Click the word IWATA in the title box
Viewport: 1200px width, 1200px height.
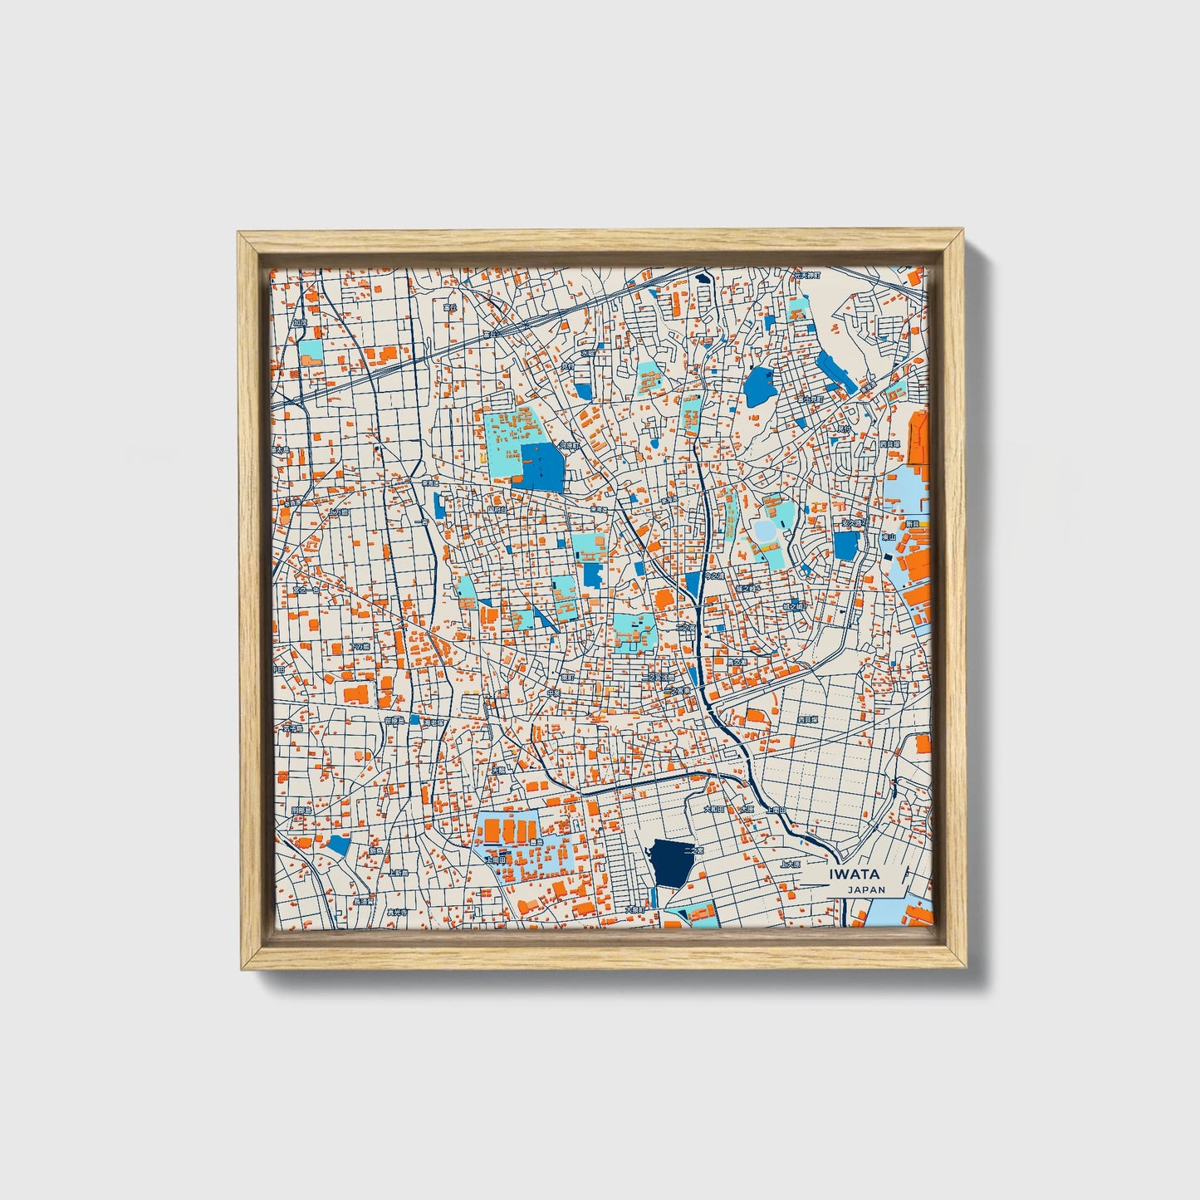click(855, 874)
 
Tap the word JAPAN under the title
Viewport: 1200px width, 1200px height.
click(866, 889)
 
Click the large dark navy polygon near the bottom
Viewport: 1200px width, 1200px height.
click(673, 863)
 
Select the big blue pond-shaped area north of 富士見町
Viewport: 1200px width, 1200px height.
click(759, 386)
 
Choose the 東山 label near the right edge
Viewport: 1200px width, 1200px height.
click(889, 537)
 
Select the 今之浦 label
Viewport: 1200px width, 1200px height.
click(713, 575)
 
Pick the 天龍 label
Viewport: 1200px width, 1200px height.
click(498, 771)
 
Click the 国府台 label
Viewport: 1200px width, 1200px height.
click(497, 510)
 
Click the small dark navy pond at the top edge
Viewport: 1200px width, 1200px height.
click(705, 279)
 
